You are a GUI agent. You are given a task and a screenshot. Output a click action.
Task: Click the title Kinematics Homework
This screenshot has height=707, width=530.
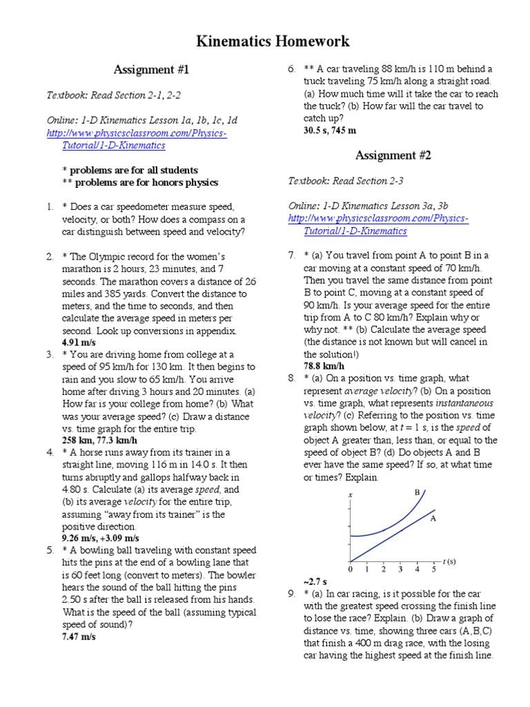pyautogui.click(x=264, y=42)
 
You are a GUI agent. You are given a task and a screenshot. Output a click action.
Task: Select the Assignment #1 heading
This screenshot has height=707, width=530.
pyautogui.click(x=150, y=70)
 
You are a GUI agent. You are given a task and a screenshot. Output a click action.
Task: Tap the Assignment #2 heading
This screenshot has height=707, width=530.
pyautogui.click(x=393, y=155)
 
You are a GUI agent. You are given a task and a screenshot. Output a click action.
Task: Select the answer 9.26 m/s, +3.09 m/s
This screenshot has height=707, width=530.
pyautogui.click(x=101, y=538)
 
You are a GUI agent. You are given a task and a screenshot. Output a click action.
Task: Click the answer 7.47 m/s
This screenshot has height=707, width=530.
pyautogui.click(x=79, y=637)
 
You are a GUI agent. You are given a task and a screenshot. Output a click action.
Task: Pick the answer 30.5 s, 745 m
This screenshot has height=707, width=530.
pyautogui.click(x=330, y=130)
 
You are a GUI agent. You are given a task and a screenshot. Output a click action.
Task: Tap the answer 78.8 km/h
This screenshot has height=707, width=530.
pyautogui.click(x=324, y=365)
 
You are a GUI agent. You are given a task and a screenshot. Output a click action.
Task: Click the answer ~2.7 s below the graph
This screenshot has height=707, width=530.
pyautogui.click(x=315, y=581)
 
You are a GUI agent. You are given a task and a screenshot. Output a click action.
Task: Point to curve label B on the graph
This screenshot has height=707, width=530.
pyautogui.click(x=417, y=492)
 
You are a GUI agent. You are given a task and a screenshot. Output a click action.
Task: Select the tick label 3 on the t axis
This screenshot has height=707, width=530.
pyautogui.click(x=400, y=570)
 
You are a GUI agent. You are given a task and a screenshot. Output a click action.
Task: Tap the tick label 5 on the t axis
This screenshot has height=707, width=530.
pyautogui.click(x=434, y=570)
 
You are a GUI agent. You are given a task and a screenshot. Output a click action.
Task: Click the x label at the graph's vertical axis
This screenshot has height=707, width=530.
pyautogui.click(x=351, y=496)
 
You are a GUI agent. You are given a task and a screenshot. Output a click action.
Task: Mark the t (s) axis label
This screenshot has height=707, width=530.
pyautogui.click(x=449, y=561)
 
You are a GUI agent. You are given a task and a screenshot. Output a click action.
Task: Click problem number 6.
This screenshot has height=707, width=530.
pyautogui.click(x=291, y=69)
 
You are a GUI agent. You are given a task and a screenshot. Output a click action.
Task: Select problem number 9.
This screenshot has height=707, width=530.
pyautogui.click(x=291, y=594)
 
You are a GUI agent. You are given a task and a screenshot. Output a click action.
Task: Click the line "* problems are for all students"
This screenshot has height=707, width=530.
pyautogui.click(x=130, y=170)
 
